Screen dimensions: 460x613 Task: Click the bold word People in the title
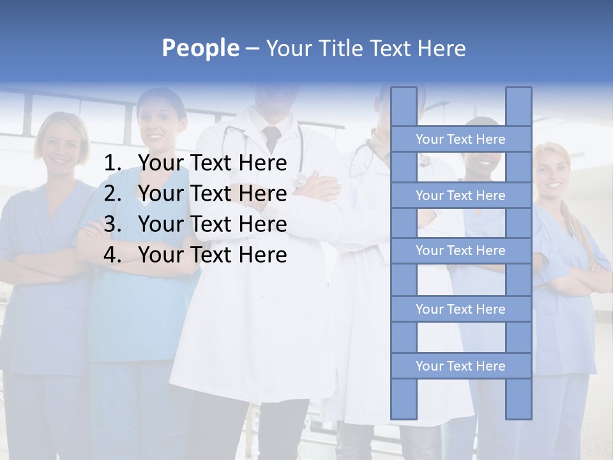point(200,48)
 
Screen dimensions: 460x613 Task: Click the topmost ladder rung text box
point(460,139)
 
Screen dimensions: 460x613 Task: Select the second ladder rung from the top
point(460,195)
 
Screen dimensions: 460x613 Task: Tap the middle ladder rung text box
point(460,250)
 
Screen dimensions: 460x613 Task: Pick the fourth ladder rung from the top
point(460,309)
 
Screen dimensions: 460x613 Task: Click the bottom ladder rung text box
point(460,366)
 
